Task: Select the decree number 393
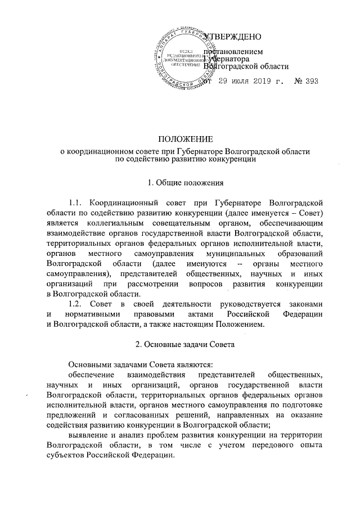[310, 82]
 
